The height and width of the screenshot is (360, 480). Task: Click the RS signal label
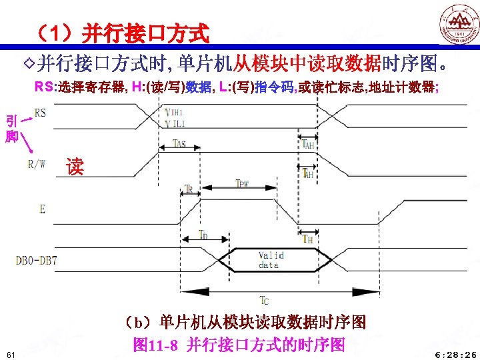coord(41,113)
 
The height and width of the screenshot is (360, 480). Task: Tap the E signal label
coord(42,209)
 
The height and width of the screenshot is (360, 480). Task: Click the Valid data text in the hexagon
coord(271,260)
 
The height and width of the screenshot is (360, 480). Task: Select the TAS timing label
coord(179,143)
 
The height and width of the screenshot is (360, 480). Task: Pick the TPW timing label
coord(243,183)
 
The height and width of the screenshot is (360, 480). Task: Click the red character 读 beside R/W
coord(75,167)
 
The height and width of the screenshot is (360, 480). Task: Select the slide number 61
coord(10,353)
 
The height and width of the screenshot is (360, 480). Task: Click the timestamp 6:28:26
coord(455,354)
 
